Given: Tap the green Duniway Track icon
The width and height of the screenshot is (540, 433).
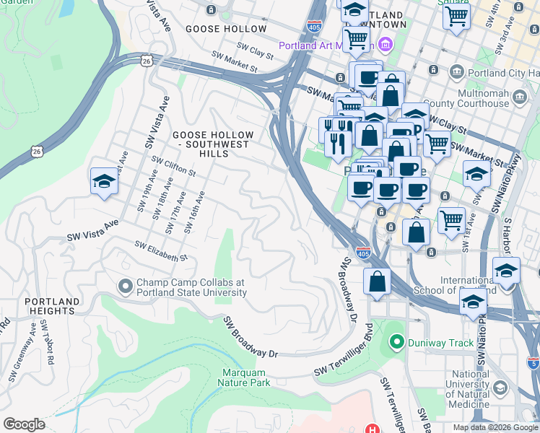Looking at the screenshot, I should pos(396,342).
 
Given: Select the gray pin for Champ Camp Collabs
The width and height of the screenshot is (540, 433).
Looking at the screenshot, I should pos(126,287).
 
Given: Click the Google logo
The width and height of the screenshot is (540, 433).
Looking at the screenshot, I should pos(24,424).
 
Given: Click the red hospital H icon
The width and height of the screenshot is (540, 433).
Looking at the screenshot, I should pos(372,429).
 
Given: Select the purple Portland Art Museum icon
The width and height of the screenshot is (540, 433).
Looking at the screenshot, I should pos(385,45).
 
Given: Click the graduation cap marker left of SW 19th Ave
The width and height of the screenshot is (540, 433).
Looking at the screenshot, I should pos(104,181).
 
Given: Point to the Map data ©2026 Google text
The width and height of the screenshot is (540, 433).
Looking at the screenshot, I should pos(495,427).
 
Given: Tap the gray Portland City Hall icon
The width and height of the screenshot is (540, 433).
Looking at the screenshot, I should pos(456,71).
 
